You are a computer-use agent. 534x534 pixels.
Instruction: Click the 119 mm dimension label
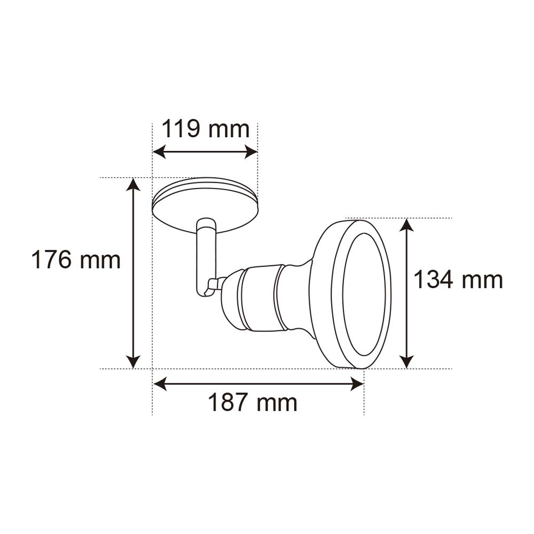[206, 129]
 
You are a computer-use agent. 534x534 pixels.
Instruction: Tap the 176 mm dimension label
[76, 260]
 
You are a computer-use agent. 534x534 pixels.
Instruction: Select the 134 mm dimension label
[459, 280]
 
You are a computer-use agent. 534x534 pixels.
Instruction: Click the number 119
[181, 129]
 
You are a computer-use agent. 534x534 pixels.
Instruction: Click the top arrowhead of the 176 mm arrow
[133, 185]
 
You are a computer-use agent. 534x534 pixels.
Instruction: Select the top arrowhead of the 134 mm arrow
[407, 225]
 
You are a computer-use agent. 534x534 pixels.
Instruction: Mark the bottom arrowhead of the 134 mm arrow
[407, 362]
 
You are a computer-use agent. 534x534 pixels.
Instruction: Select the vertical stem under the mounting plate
[206, 256]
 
